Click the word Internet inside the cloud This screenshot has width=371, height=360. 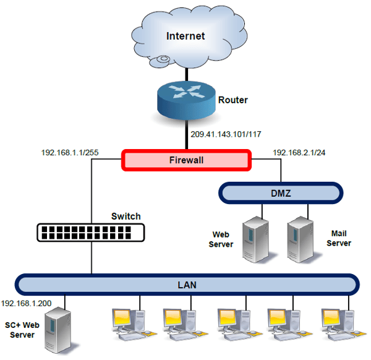click(x=185, y=36)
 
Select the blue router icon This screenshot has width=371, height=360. click(x=187, y=100)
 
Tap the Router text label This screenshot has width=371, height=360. click(x=233, y=100)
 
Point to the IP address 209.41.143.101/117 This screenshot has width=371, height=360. click(x=226, y=134)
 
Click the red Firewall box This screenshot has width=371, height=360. click(x=186, y=160)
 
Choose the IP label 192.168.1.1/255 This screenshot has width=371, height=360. click(x=70, y=152)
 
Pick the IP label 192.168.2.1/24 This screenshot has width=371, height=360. click(x=299, y=152)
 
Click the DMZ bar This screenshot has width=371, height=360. click(x=281, y=193)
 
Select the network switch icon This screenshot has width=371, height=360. click(x=91, y=233)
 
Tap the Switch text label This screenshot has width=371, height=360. click(x=126, y=216)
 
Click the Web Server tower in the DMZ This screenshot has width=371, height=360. click(x=256, y=239)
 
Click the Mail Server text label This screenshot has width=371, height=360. click(x=339, y=238)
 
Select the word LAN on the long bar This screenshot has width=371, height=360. click(x=187, y=285)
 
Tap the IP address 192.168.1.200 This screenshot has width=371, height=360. click(x=26, y=303)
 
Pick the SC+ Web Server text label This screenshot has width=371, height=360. click(x=22, y=330)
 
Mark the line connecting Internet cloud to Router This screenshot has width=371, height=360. click(x=187, y=74)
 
